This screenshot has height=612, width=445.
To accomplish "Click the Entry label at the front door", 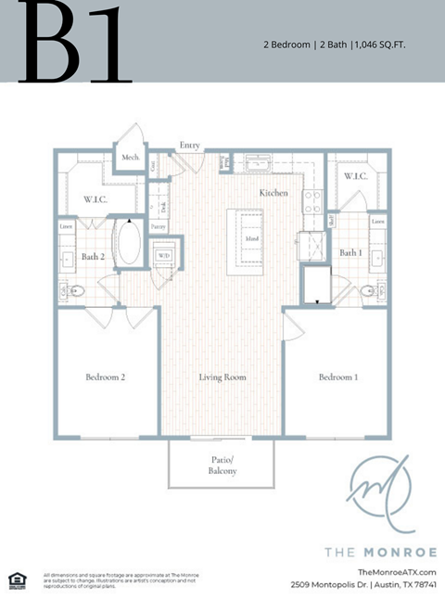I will point(190,146).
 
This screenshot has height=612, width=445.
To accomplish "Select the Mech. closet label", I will point(130,158).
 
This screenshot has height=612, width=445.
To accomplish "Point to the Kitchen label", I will point(273,193).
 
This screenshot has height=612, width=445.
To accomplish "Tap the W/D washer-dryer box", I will point(166,255).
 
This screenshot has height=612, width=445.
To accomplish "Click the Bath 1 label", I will point(350,252).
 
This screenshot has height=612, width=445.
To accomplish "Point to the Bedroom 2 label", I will point(106,377).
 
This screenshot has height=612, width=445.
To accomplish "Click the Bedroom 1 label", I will point(338,377).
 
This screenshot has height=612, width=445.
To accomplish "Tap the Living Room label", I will point(222,377).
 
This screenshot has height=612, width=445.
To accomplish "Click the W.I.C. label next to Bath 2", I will point(97,198).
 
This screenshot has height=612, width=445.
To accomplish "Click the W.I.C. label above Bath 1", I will point(356,175).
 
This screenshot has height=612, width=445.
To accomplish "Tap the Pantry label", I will point(159,225).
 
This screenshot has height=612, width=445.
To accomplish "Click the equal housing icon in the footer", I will point(16,580).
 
